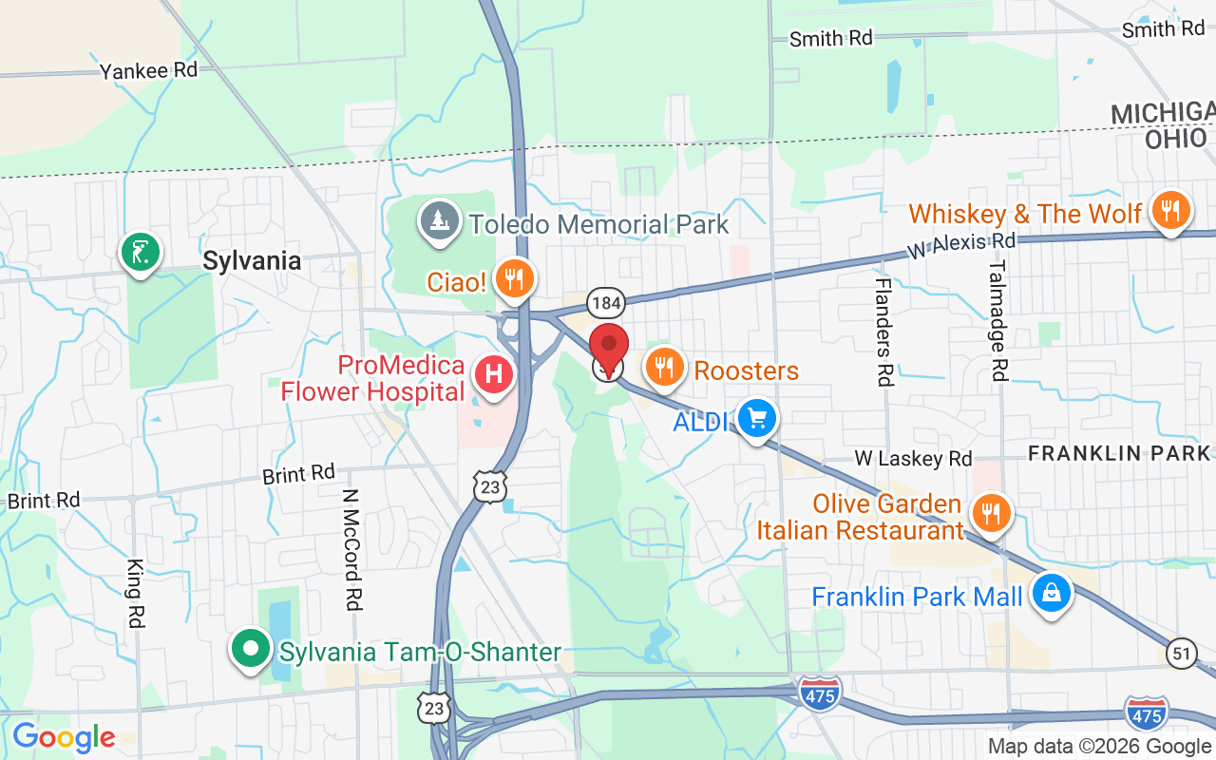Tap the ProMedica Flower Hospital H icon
tap(494, 373)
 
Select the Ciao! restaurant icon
tap(515, 278)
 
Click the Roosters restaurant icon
tap(665, 367)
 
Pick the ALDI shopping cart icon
tap(756, 418)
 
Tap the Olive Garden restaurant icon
tap(991, 514)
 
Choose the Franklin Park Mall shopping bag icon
tap(1051, 594)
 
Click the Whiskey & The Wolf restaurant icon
tap(1169, 211)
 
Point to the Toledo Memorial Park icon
tap(439, 221)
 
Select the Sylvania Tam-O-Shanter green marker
tap(251, 651)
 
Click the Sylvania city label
tap(252, 261)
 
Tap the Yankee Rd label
tap(149, 70)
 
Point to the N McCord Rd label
tap(351, 549)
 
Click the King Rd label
tap(134, 593)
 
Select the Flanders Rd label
tap(883, 332)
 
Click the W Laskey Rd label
tap(913, 459)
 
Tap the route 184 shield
tap(605, 303)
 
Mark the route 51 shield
tap(1181, 654)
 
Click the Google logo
tap(64, 737)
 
